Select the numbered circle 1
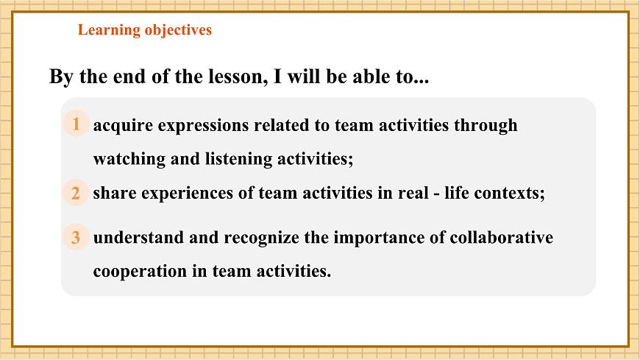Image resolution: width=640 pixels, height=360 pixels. (x=75, y=124)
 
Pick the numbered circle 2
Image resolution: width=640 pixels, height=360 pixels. (x=75, y=194)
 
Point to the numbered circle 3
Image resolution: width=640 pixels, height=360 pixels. (x=75, y=238)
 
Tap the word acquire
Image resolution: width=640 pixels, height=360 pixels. (x=121, y=125)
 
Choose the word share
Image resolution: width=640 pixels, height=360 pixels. (x=111, y=194)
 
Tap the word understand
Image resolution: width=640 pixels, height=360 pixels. (x=135, y=238)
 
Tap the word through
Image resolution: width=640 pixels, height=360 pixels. (x=486, y=125)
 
